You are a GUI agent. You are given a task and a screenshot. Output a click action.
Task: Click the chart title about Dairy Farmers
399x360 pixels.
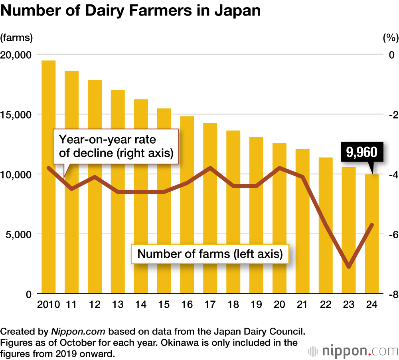pos(130,11)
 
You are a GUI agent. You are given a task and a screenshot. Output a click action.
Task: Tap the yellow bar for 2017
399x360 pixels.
pos(210,208)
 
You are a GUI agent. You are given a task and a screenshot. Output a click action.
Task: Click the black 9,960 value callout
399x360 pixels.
pos(361,152)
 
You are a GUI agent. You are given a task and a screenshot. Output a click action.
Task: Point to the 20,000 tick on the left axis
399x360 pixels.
pos(17,55)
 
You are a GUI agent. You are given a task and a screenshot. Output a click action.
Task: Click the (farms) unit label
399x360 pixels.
pos(16,38)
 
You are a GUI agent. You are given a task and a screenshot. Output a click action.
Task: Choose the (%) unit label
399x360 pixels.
pos(390,38)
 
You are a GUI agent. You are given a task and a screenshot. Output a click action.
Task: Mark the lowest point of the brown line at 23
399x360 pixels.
pos(349,267)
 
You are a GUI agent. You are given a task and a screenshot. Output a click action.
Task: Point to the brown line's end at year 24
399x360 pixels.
pos(372,225)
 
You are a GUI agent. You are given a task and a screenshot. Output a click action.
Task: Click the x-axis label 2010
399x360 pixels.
pos(48,305)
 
